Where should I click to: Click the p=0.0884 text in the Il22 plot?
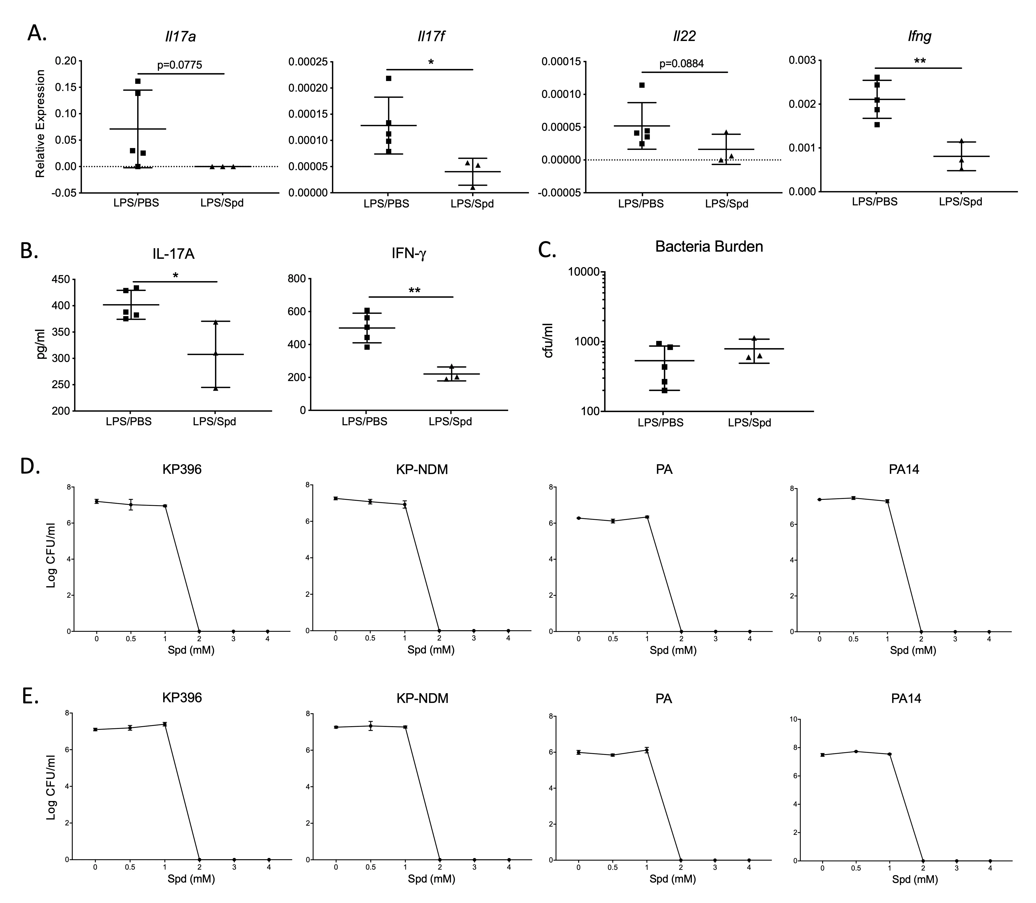pyautogui.click(x=682, y=64)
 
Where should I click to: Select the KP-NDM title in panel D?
pyautogui.click(x=422, y=470)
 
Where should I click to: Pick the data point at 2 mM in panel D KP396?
pyautogui.click(x=200, y=631)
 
